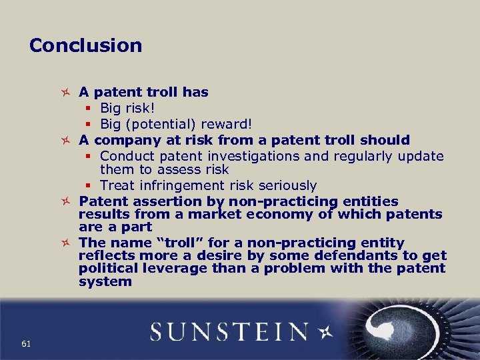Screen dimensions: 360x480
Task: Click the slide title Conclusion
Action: click(85, 45)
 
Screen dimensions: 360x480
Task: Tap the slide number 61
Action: click(26, 343)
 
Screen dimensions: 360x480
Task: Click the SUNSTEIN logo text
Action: click(229, 331)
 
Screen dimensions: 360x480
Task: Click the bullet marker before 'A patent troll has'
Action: click(65, 92)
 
